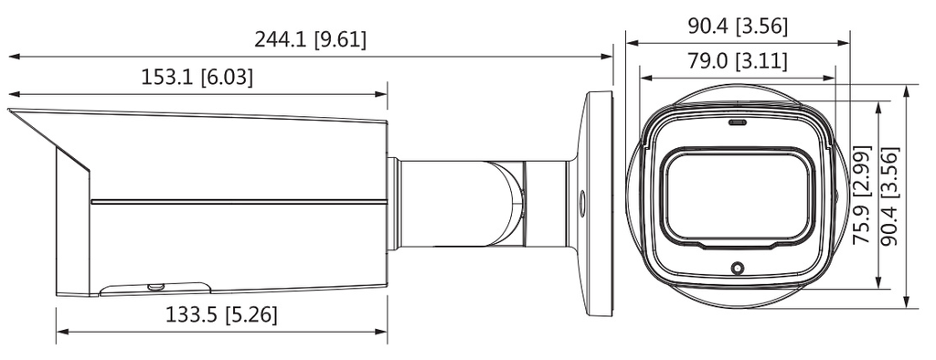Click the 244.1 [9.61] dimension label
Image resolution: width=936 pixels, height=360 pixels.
click(311, 40)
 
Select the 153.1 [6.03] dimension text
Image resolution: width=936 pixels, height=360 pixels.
click(197, 78)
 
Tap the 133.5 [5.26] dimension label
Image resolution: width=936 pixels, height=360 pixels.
click(221, 314)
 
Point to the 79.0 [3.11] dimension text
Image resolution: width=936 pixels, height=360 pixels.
click(738, 61)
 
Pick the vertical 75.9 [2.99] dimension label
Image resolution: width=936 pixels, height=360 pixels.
click(863, 196)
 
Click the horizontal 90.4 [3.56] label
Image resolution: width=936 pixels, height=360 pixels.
click(738, 26)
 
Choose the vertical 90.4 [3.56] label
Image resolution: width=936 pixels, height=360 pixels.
click(890, 196)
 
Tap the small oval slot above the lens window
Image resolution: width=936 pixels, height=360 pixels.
click(738, 123)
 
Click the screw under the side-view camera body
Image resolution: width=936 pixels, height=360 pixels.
click(155, 287)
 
